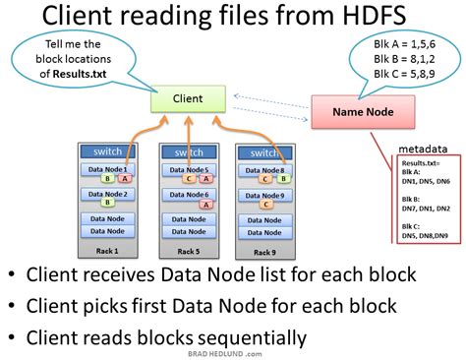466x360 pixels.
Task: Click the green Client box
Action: (189, 98)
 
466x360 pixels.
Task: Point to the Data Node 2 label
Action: (105, 195)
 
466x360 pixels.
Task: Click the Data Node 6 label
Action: (187, 196)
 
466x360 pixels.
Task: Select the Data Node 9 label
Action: (266, 196)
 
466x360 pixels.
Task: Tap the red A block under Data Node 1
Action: (126, 179)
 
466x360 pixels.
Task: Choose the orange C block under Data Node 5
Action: (188, 179)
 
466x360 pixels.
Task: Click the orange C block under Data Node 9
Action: (265, 205)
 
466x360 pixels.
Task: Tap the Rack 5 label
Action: (187, 252)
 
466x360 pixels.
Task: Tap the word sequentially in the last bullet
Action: (244, 337)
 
